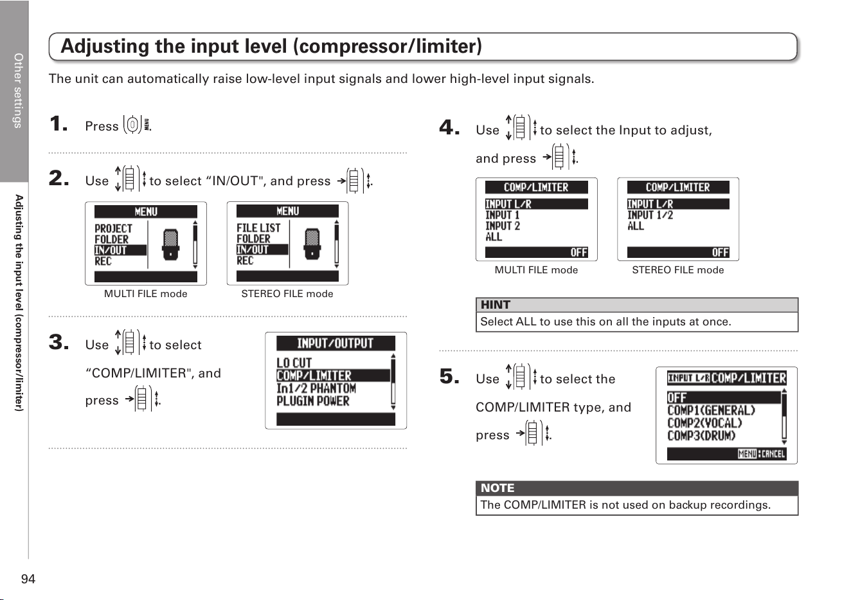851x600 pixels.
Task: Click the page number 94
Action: click(x=28, y=579)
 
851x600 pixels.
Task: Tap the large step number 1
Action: click(x=58, y=124)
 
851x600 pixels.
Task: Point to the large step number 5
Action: click(x=449, y=376)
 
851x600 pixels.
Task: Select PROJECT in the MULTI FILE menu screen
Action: click(x=113, y=228)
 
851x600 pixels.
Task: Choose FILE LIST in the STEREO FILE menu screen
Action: click(x=258, y=228)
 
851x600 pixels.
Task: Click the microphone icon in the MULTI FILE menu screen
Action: click(x=170, y=244)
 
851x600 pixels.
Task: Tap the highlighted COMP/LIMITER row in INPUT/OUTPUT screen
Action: click(x=333, y=376)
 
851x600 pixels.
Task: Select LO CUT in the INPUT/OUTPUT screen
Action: click(x=294, y=363)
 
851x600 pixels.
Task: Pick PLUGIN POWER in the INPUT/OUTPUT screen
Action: click(x=312, y=401)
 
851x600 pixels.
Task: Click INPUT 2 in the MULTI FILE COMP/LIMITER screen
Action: click(x=503, y=226)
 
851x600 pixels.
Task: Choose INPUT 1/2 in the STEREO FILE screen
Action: click(x=650, y=215)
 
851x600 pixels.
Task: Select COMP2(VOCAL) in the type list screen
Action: click(x=704, y=423)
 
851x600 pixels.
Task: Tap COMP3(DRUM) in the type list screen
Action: click(x=701, y=435)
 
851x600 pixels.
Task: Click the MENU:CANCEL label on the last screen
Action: click(x=762, y=453)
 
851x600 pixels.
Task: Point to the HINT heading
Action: click(x=496, y=305)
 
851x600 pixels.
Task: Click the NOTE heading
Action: click(x=497, y=488)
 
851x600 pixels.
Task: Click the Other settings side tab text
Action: click(x=18, y=91)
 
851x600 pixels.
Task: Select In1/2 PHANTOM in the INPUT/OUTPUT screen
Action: click(x=316, y=388)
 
